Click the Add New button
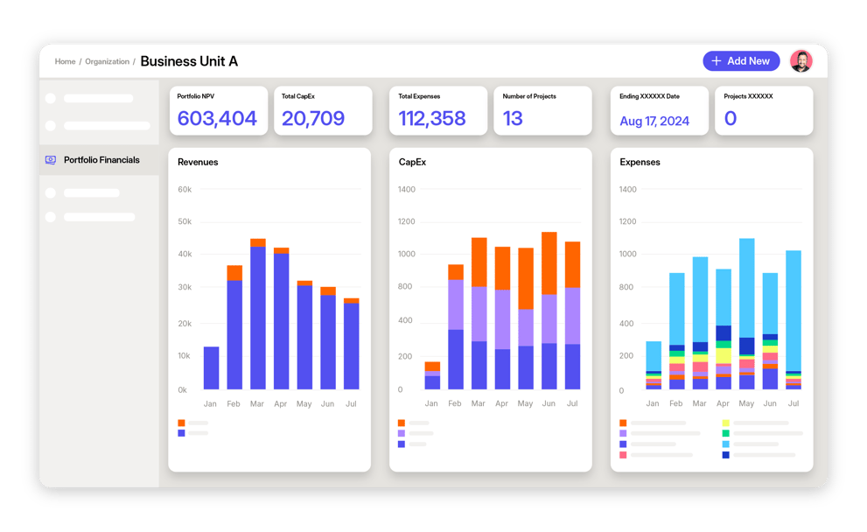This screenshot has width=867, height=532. pos(741,61)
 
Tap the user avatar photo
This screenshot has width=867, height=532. pos(801,61)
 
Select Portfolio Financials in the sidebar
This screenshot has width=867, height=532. pos(101,160)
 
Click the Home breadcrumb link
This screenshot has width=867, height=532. pos(65,62)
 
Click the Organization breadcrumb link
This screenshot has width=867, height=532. pos(107,62)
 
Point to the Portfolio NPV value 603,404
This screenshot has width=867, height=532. pos(217,119)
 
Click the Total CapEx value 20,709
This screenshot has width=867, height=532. pos(312,119)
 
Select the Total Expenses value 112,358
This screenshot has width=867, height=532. pos(432,119)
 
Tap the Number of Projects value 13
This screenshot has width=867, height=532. pos(513,119)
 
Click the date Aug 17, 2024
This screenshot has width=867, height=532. pos(654,121)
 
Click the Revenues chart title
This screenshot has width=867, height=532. pos(198,162)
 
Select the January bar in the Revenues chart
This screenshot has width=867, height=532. pos(211,367)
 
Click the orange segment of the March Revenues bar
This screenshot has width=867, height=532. pos(258,242)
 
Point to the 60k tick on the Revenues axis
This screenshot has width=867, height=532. pos(185,189)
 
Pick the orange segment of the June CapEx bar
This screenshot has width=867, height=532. pos(549,262)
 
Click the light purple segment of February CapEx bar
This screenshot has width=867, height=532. pos(455,304)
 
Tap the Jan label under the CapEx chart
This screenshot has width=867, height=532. pos(431,404)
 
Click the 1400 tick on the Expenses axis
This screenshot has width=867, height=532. pos(628,189)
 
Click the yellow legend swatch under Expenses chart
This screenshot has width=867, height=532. pos(726,423)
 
